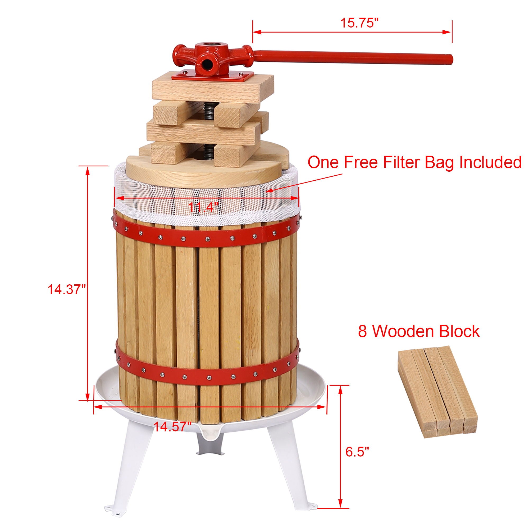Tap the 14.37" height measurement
tap(67, 289)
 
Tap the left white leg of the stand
tap(129, 471)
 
